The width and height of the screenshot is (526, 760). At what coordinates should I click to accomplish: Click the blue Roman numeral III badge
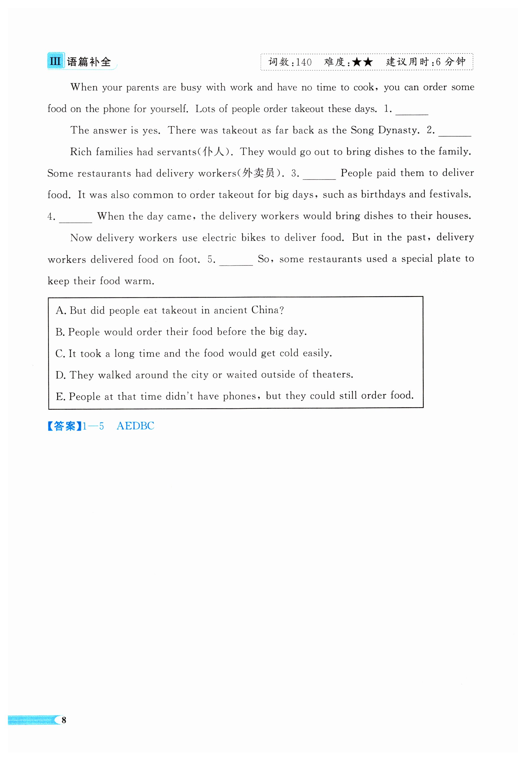(55, 61)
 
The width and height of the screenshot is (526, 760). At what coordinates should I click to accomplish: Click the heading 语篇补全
(89, 62)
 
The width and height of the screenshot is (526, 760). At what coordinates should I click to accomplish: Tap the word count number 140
(304, 62)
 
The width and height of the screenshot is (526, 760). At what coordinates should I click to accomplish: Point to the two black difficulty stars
(362, 62)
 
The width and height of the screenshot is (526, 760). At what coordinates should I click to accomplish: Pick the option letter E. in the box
(61, 396)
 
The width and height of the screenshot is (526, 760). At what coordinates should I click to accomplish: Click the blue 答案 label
(64, 426)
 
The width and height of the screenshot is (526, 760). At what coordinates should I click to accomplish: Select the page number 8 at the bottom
(64, 720)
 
